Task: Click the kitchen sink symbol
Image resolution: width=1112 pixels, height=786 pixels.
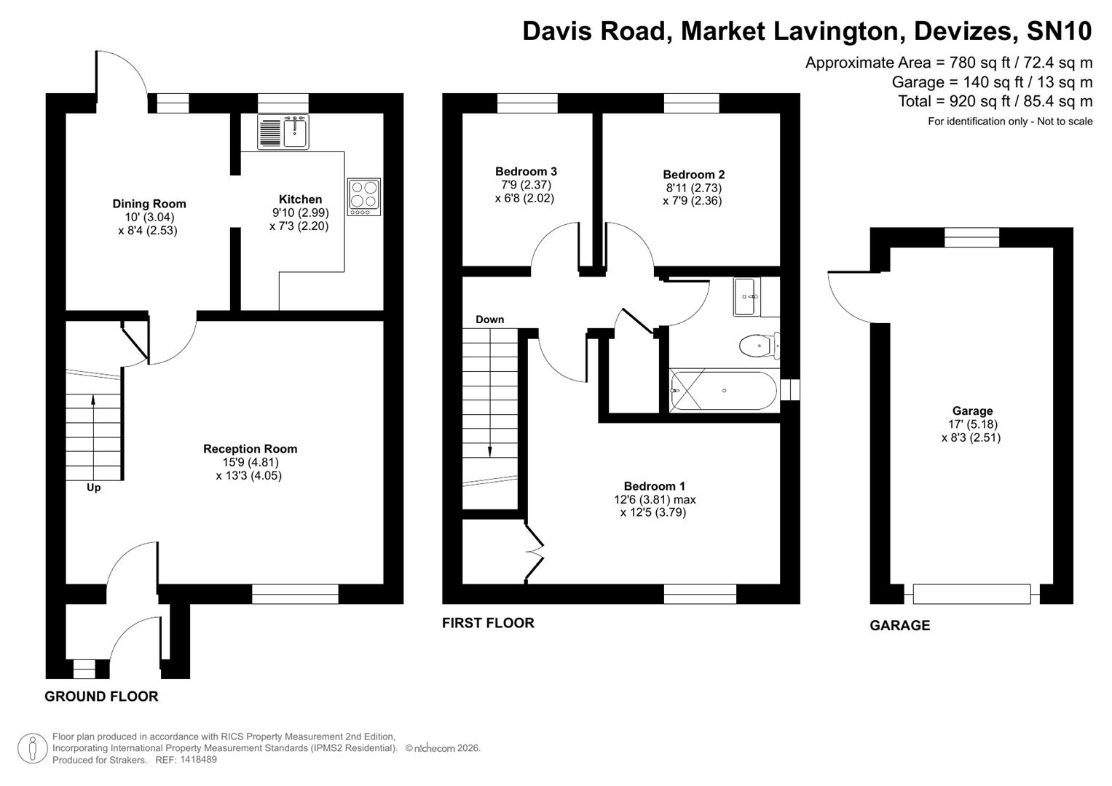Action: [283, 132]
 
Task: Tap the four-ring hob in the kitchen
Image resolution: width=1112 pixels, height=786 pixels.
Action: [364, 196]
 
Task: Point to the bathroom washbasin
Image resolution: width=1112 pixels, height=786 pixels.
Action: [746, 296]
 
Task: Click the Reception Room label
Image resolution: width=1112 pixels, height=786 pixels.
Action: [250, 449]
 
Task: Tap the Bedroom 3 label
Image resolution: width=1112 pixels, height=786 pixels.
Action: [526, 172]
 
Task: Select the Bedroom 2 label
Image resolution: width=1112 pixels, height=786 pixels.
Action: [693, 175]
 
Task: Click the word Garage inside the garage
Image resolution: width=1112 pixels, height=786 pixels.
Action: [972, 411]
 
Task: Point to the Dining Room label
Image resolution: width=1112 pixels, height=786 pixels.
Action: [149, 204]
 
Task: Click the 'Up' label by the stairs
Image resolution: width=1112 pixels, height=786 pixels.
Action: [93, 488]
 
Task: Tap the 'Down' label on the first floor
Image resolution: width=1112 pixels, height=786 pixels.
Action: [489, 319]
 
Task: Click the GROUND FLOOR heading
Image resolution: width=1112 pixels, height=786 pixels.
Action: [101, 696]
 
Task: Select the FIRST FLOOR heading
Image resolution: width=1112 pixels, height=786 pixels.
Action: [488, 623]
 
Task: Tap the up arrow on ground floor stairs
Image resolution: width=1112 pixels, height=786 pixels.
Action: [92, 399]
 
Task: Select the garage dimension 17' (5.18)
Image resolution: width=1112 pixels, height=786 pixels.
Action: [972, 424]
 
